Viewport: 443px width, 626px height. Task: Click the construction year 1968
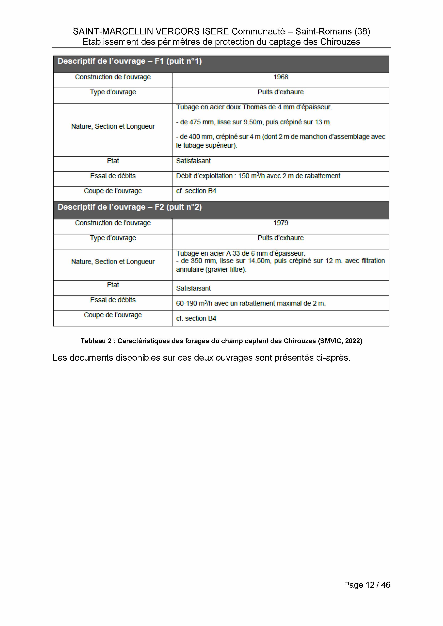point(281,77)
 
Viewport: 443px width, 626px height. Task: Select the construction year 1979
point(281,223)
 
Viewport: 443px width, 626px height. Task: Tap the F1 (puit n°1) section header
point(130,61)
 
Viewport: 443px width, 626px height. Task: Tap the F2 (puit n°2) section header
point(130,207)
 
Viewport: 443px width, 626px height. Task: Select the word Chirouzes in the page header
point(340,42)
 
